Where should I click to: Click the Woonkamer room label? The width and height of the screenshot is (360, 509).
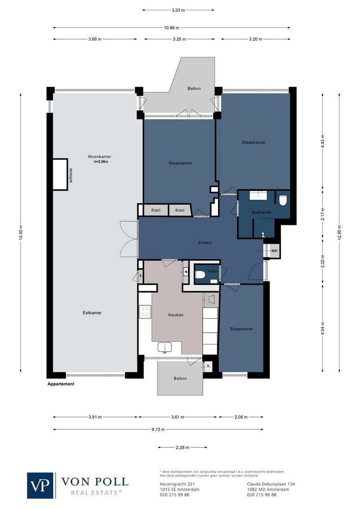click(x=99, y=157)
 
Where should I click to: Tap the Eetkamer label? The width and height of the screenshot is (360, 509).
click(x=92, y=313)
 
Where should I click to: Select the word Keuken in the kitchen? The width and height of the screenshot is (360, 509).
click(x=176, y=315)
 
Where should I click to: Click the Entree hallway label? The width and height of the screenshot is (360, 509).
click(x=205, y=243)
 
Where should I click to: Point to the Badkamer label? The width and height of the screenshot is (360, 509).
click(x=262, y=212)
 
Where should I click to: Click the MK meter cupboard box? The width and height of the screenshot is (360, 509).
click(x=274, y=251)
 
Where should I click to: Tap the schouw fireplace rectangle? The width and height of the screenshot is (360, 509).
click(x=60, y=174)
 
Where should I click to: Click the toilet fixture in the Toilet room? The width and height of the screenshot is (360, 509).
click(x=200, y=275)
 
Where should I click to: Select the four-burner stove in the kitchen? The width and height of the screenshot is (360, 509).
click(x=145, y=312)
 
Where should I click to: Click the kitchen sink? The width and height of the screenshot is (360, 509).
click(x=165, y=347)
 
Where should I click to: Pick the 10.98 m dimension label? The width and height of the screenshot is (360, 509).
click(x=172, y=28)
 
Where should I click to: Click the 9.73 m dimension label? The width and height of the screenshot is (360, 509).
click(x=158, y=429)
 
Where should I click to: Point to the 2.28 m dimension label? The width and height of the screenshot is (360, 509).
click(x=182, y=447)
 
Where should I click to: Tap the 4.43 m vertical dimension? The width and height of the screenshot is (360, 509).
click(x=323, y=141)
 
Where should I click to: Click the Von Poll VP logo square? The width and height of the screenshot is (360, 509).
click(x=40, y=485)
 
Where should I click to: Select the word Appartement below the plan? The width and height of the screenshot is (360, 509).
click(x=61, y=384)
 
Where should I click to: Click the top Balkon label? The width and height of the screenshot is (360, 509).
click(x=194, y=88)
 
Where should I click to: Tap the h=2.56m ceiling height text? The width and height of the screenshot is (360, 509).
click(x=101, y=162)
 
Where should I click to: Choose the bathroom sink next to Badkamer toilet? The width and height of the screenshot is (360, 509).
click(x=258, y=195)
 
